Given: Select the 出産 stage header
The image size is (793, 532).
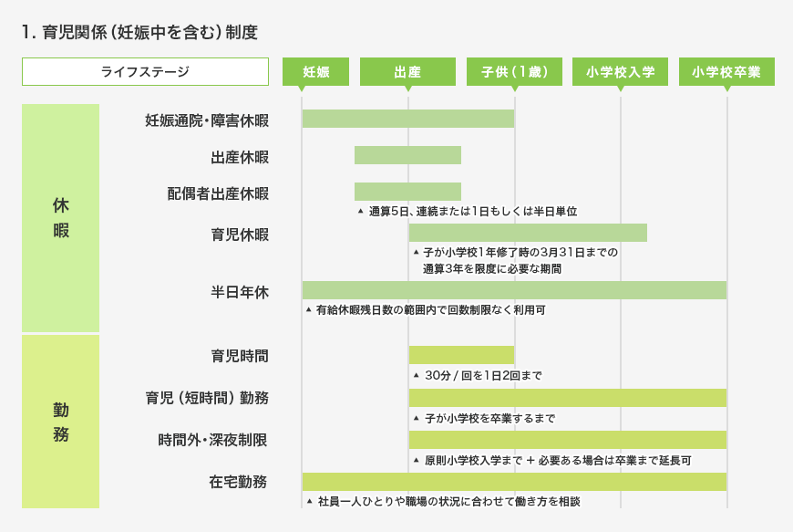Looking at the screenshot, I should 407,71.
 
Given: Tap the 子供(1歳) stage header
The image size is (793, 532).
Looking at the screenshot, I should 514,71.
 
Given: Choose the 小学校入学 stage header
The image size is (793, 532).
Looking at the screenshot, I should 620,71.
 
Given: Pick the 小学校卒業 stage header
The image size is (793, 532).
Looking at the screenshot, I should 726,71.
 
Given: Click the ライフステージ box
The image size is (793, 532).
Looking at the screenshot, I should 145,71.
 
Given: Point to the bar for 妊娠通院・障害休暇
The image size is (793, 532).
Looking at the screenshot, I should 408,119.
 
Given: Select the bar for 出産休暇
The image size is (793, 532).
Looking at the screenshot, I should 407,155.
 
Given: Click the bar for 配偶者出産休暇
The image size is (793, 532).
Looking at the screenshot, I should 407,191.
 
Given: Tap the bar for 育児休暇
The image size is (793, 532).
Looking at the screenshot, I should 528,233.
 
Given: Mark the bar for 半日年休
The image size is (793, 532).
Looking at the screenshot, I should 514,290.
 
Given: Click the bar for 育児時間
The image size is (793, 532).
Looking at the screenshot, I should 461,355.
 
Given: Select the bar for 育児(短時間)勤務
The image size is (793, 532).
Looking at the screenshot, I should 567,398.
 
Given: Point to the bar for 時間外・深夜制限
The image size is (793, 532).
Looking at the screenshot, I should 567,440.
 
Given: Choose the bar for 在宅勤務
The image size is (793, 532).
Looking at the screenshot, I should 514,482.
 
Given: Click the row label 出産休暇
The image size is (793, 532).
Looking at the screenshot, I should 240,157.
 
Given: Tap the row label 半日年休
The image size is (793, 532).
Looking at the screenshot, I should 240,292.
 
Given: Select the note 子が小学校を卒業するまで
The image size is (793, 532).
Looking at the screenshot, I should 489,419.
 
